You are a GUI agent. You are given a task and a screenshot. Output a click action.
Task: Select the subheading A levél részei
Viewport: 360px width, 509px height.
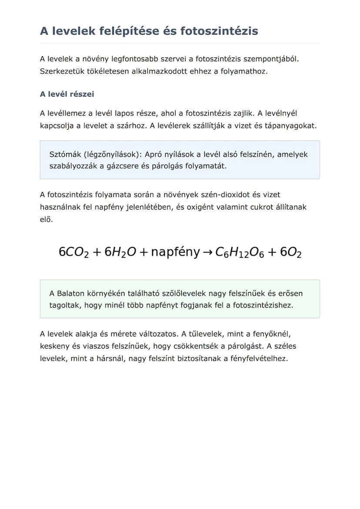coord(67,94)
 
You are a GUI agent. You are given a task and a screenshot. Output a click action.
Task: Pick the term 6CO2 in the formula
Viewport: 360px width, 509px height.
coord(74,252)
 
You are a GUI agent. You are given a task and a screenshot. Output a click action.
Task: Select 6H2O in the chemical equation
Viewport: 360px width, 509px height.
coord(120,252)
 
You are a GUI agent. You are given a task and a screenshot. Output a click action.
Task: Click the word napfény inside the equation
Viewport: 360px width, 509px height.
coord(175,252)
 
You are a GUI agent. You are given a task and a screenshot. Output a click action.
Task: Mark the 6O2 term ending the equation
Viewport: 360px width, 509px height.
coord(290,252)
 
